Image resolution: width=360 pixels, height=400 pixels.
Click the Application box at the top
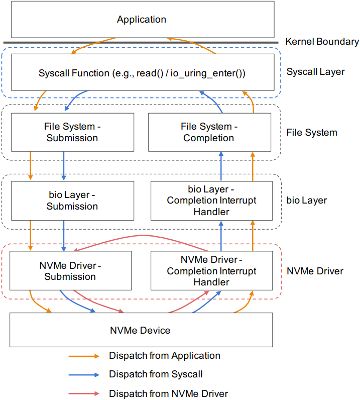[143, 20]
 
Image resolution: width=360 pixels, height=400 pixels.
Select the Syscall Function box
[143, 72]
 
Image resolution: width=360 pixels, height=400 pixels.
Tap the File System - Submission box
[72, 132]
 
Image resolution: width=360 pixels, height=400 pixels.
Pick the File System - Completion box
[209, 132]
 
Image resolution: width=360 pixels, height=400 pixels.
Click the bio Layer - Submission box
[72, 201]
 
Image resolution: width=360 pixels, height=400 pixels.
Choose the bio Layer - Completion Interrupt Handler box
[211, 201]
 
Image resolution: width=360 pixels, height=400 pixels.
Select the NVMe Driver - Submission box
[71, 271]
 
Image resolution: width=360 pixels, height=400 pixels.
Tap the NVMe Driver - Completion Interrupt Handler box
[211, 271]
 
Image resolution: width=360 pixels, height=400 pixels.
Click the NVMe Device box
[141, 330]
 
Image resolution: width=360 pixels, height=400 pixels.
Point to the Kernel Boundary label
[322, 42]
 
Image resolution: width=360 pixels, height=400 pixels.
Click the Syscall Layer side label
[315, 72]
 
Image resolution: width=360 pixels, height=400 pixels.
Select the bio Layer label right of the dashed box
[306, 201]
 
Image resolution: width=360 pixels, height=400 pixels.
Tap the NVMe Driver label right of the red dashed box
[315, 271]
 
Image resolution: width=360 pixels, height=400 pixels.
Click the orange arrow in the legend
[84, 356]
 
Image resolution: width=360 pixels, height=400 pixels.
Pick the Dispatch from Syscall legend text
[156, 374]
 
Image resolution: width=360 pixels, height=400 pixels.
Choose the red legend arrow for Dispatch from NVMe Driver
[84, 393]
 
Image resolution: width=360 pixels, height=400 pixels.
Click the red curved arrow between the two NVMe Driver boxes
[143, 235]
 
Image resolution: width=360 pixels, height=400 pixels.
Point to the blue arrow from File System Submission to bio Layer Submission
[64, 166]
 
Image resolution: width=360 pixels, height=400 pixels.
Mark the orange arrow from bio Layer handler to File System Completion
[253, 166]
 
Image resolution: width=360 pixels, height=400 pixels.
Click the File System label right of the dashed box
[312, 132]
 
